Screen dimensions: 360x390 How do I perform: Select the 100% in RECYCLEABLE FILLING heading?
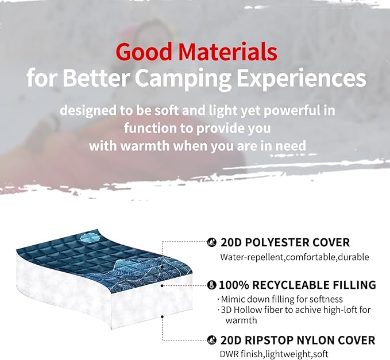click(x=233, y=285)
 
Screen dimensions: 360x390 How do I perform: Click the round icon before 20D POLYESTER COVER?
click(x=211, y=242)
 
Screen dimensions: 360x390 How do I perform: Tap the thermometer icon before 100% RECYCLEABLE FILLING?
click(x=211, y=285)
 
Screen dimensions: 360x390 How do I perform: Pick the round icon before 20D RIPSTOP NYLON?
click(x=211, y=339)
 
